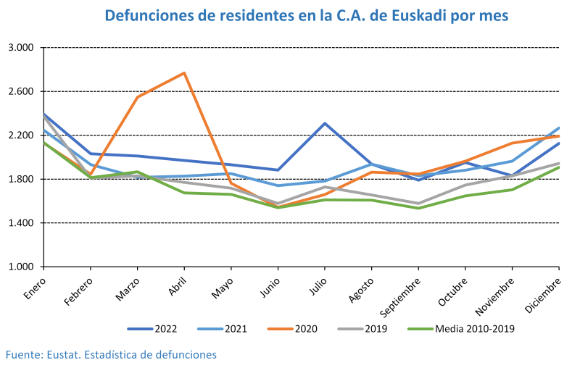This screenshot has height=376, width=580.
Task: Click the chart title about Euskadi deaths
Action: click(307, 16)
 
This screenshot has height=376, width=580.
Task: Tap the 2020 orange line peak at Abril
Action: click(185, 73)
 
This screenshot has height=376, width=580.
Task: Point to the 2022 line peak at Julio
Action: click(325, 123)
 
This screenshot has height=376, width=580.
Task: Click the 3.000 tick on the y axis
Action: click(22, 48)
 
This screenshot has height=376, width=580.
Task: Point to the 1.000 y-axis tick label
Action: click(22, 267)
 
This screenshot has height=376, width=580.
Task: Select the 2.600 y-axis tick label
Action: click(22, 91)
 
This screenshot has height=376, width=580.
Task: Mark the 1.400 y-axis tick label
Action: click(22, 223)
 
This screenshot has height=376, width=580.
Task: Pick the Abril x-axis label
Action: click(176, 281)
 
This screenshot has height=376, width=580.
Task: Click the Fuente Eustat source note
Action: click(111, 355)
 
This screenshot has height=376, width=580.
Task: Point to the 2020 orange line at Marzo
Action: click(138, 97)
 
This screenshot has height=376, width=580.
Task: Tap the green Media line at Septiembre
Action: click(419, 208)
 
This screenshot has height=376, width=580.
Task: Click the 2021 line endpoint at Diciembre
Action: click(558, 128)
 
